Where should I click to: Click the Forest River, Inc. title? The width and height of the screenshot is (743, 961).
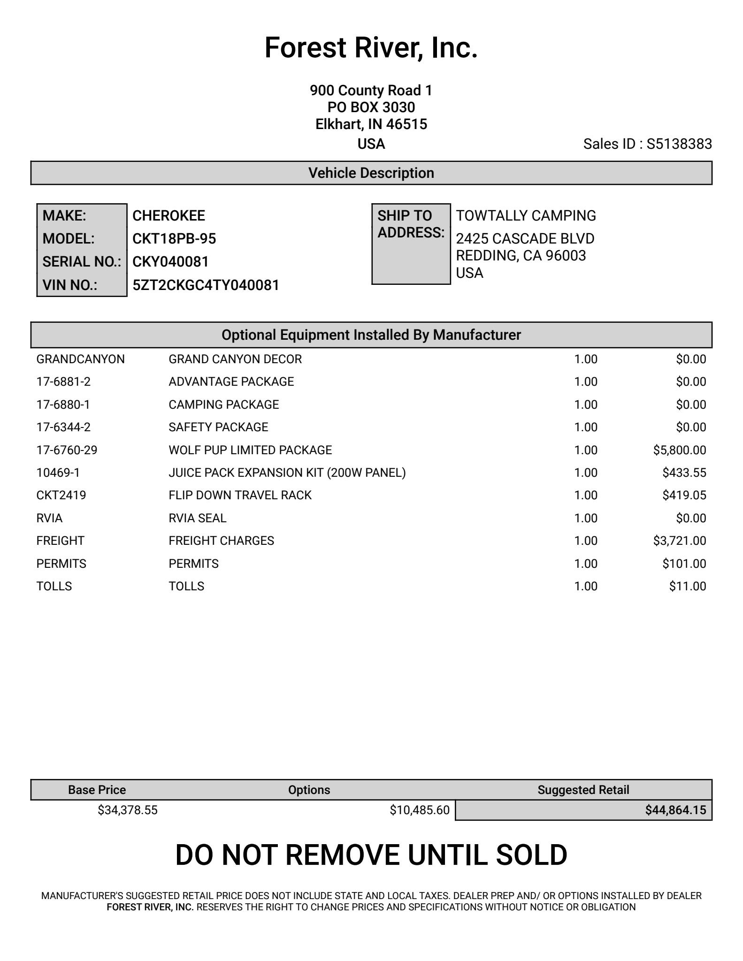pyautogui.click(x=371, y=48)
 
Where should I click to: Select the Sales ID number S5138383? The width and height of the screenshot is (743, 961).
pyautogui.click(x=679, y=144)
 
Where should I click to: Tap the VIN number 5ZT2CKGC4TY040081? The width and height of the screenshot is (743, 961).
pyautogui.click(x=206, y=285)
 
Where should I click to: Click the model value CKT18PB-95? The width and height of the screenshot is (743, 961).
pyautogui.click(x=174, y=239)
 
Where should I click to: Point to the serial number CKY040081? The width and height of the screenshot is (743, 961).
pyautogui.click(x=170, y=262)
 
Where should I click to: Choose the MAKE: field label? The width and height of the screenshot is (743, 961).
pyautogui.click(x=64, y=216)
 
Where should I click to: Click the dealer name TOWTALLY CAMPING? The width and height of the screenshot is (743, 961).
pyautogui.click(x=526, y=216)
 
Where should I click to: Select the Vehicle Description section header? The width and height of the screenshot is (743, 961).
pyautogui.click(x=371, y=173)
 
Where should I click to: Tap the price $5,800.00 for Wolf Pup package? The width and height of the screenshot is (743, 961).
pyautogui.click(x=679, y=450)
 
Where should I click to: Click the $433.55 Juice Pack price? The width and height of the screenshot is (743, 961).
pyautogui.click(x=684, y=473)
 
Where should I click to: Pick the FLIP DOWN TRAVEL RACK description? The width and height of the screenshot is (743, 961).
pyautogui.click(x=240, y=496)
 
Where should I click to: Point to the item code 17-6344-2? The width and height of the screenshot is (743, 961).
pyautogui.click(x=63, y=427)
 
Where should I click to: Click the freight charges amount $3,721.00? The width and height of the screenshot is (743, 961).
pyautogui.click(x=679, y=541)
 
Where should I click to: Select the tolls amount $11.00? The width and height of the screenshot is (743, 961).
pyautogui.click(x=687, y=587)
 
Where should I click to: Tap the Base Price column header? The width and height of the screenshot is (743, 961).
pyautogui.click(x=97, y=790)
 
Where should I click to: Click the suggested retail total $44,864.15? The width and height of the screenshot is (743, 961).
pyautogui.click(x=675, y=810)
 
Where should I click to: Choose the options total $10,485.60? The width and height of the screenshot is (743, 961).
pyautogui.click(x=419, y=810)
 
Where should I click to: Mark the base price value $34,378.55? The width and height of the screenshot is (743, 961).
pyautogui.click(x=128, y=810)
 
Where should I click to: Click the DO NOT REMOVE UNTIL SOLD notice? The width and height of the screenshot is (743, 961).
pyautogui.click(x=371, y=855)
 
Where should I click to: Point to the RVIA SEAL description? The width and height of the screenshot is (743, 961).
pyautogui.click(x=197, y=519)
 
